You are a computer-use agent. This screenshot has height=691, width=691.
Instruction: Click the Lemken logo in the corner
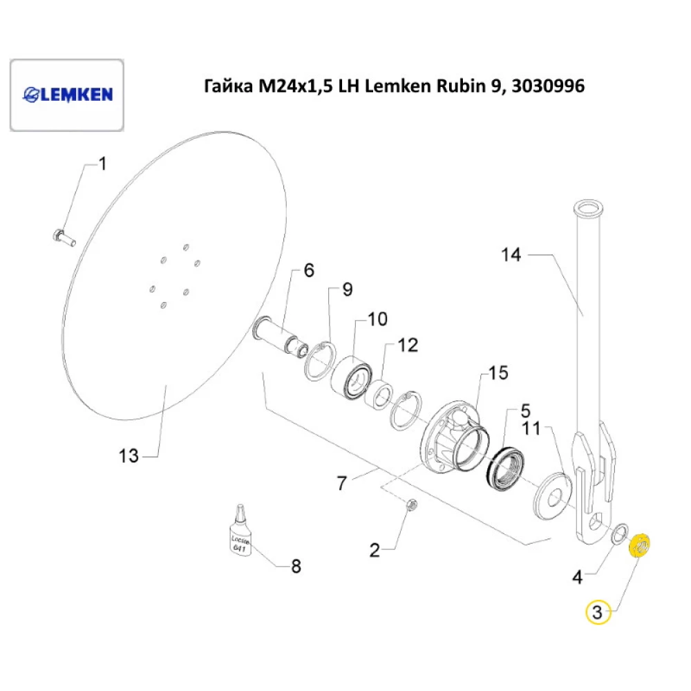point(68,95)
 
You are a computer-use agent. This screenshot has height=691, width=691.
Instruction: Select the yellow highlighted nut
point(639,545)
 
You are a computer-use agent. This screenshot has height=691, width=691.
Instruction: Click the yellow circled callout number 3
point(598,612)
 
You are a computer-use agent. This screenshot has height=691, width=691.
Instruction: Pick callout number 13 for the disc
point(129,456)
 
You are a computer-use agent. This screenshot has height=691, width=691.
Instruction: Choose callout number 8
point(295,567)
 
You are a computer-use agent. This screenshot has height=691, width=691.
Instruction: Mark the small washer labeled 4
point(621,533)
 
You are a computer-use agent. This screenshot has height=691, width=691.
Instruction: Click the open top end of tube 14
point(587,207)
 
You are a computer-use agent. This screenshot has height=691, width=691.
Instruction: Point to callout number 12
point(408,345)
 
